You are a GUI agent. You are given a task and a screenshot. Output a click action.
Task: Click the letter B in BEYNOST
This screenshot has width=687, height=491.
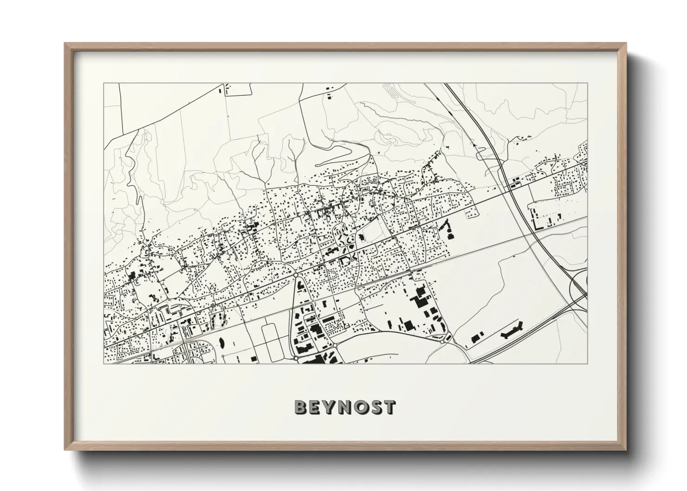(x=301, y=407)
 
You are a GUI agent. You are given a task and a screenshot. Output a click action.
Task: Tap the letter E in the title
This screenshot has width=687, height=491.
(x=315, y=407)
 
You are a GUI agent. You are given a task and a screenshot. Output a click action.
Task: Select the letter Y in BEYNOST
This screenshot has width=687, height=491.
(x=330, y=407)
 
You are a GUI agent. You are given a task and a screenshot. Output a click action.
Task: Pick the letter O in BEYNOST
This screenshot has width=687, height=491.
(x=361, y=407)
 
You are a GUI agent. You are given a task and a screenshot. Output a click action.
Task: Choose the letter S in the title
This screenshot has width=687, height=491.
(x=376, y=407)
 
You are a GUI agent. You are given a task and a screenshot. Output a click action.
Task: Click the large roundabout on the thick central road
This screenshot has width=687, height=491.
(x=296, y=275)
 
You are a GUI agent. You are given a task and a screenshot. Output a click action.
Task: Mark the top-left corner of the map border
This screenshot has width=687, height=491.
(x=104, y=84)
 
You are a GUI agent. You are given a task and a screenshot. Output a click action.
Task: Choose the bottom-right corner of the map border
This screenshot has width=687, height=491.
(x=587, y=363)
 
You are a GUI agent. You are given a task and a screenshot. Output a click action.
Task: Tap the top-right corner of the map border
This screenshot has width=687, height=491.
(x=587, y=84)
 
